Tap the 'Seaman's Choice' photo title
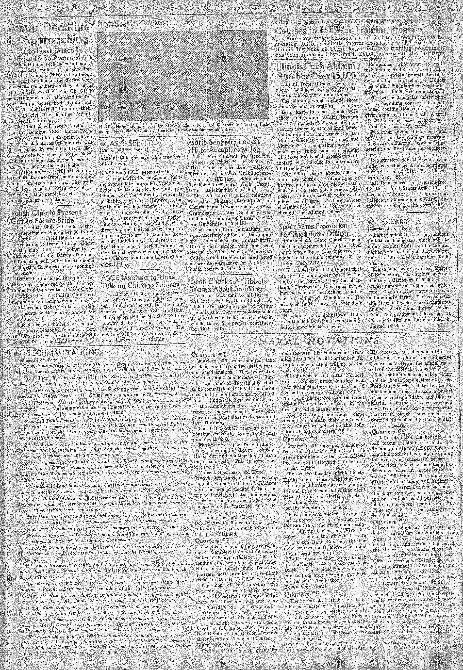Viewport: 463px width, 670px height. click(133, 23)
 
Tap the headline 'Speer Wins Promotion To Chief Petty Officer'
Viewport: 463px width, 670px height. click(313, 230)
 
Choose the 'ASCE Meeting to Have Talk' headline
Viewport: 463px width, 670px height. click(140, 281)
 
